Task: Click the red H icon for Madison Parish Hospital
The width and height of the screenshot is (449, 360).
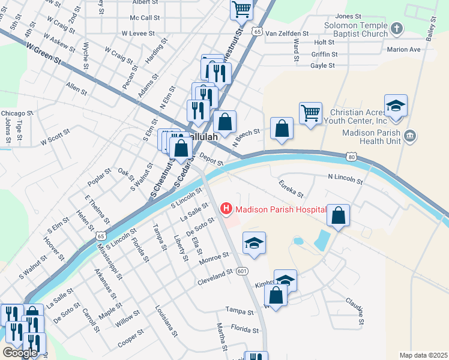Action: [x=226, y=209]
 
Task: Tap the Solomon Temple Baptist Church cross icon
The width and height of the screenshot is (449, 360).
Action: [x=396, y=28]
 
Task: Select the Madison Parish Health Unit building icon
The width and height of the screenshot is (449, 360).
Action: [x=410, y=136]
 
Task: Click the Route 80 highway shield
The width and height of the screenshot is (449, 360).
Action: [x=352, y=157]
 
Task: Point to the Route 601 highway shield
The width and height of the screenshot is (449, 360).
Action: [x=242, y=271]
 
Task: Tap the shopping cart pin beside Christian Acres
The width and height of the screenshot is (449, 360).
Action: [x=310, y=113]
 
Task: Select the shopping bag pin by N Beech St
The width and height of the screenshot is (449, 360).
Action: [x=282, y=128]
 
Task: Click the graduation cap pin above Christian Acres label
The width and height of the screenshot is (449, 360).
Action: [x=396, y=106]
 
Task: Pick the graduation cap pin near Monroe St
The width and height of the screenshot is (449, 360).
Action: [x=254, y=243]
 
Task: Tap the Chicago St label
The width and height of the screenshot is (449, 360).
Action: [x=17, y=113]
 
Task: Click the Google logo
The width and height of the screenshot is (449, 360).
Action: [x=20, y=352]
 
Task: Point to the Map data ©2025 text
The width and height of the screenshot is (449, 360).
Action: [x=423, y=355]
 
